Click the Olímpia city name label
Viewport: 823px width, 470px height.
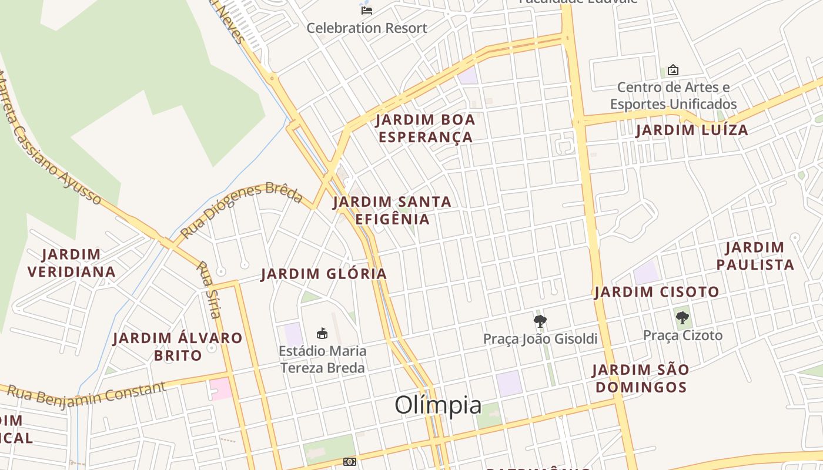point(438,405)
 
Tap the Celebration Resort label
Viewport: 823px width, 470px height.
point(367,28)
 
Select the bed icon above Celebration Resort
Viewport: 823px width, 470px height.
point(367,10)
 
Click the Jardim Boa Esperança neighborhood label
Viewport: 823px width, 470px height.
point(425,128)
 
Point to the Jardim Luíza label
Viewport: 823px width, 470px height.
point(692,130)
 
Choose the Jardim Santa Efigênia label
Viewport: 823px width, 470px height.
point(392,210)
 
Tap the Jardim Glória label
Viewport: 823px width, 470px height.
point(324,274)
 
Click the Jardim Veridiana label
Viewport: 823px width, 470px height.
point(72,263)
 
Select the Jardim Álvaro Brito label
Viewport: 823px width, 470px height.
point(178,347)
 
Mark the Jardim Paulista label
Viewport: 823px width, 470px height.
point(755,256)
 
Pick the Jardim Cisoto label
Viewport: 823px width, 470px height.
point(657,292)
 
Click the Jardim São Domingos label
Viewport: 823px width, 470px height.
point(640,378)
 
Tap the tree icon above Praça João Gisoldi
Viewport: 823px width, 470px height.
point(540,321)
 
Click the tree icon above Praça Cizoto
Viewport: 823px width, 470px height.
point(682,318)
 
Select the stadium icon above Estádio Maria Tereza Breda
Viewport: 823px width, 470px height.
point(322,334)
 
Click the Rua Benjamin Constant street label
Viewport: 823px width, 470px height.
point(86,393)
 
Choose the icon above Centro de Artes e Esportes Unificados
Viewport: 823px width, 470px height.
point(673,70)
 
